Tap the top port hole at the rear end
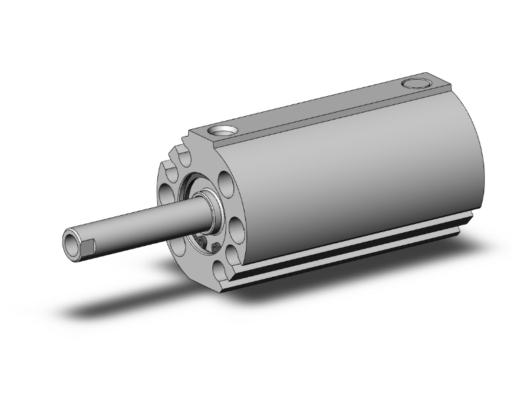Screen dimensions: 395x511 [x=414, y=84]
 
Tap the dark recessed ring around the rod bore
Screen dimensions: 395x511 [x=196, y=206]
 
